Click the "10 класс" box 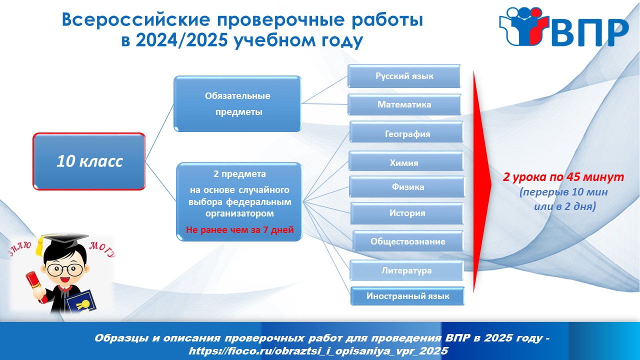[89, 161]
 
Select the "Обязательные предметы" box [237, 103]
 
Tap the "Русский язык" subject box [404, 76]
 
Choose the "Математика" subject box [404, 104]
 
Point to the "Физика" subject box [407, 187]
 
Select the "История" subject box [407, 213]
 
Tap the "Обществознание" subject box [407, 241]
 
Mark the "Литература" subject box [406, 270]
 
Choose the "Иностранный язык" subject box [407, 296]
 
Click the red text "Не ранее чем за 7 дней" [239, 229]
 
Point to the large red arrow [481, 181]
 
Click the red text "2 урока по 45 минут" [563, 177]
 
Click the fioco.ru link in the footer [318, 350]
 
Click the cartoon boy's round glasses [65, 269]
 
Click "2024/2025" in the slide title [181, 40]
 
